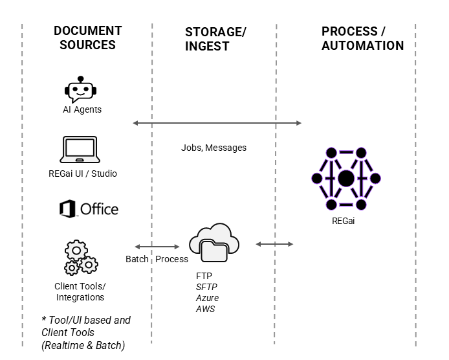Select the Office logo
coord(89,208)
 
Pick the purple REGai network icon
coord(346,178)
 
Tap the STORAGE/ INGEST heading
coord(216,39)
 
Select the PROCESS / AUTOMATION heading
coord(362,38)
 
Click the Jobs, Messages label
coord(214,148)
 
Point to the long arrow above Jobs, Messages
coord(217,122)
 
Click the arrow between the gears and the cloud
coord(157,246)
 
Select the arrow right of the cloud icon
coord(274,244)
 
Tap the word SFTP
coord(207,287)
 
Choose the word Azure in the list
coord(207,298)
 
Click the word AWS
coord(205,309)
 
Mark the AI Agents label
coord(78,109)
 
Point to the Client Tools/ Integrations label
coord(80,291)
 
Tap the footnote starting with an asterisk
coord(86,332)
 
